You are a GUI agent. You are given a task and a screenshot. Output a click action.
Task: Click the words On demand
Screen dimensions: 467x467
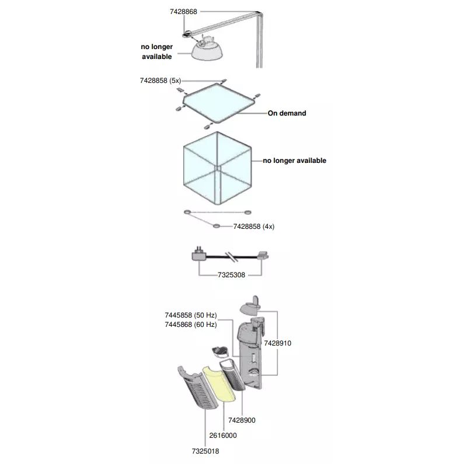pyautogui.click(x=287, y=113)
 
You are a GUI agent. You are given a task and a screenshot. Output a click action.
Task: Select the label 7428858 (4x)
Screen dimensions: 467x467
pyautogui.click(x=253, y=226)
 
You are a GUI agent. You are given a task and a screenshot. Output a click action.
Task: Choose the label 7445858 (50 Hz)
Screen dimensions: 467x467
pyautogui.click(x=190, y=315)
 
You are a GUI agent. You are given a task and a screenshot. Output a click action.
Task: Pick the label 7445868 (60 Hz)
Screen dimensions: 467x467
pyautogui.click(x=190, y=324)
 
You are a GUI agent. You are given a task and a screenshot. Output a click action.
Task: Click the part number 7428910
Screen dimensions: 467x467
pyautogui.click(x=277, y=343)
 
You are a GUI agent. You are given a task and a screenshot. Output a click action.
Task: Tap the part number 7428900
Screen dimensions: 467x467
pyautogui.click(x=242, y=420)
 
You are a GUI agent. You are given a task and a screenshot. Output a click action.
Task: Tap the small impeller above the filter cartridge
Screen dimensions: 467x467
pyautogui.click(x=219, y=351)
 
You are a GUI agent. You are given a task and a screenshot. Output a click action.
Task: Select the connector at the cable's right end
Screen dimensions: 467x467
pyautogui.click(x=262, y=255)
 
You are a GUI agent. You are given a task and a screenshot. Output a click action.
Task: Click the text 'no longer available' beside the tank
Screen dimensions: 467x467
pyautogui.click(x=294, y=161)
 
